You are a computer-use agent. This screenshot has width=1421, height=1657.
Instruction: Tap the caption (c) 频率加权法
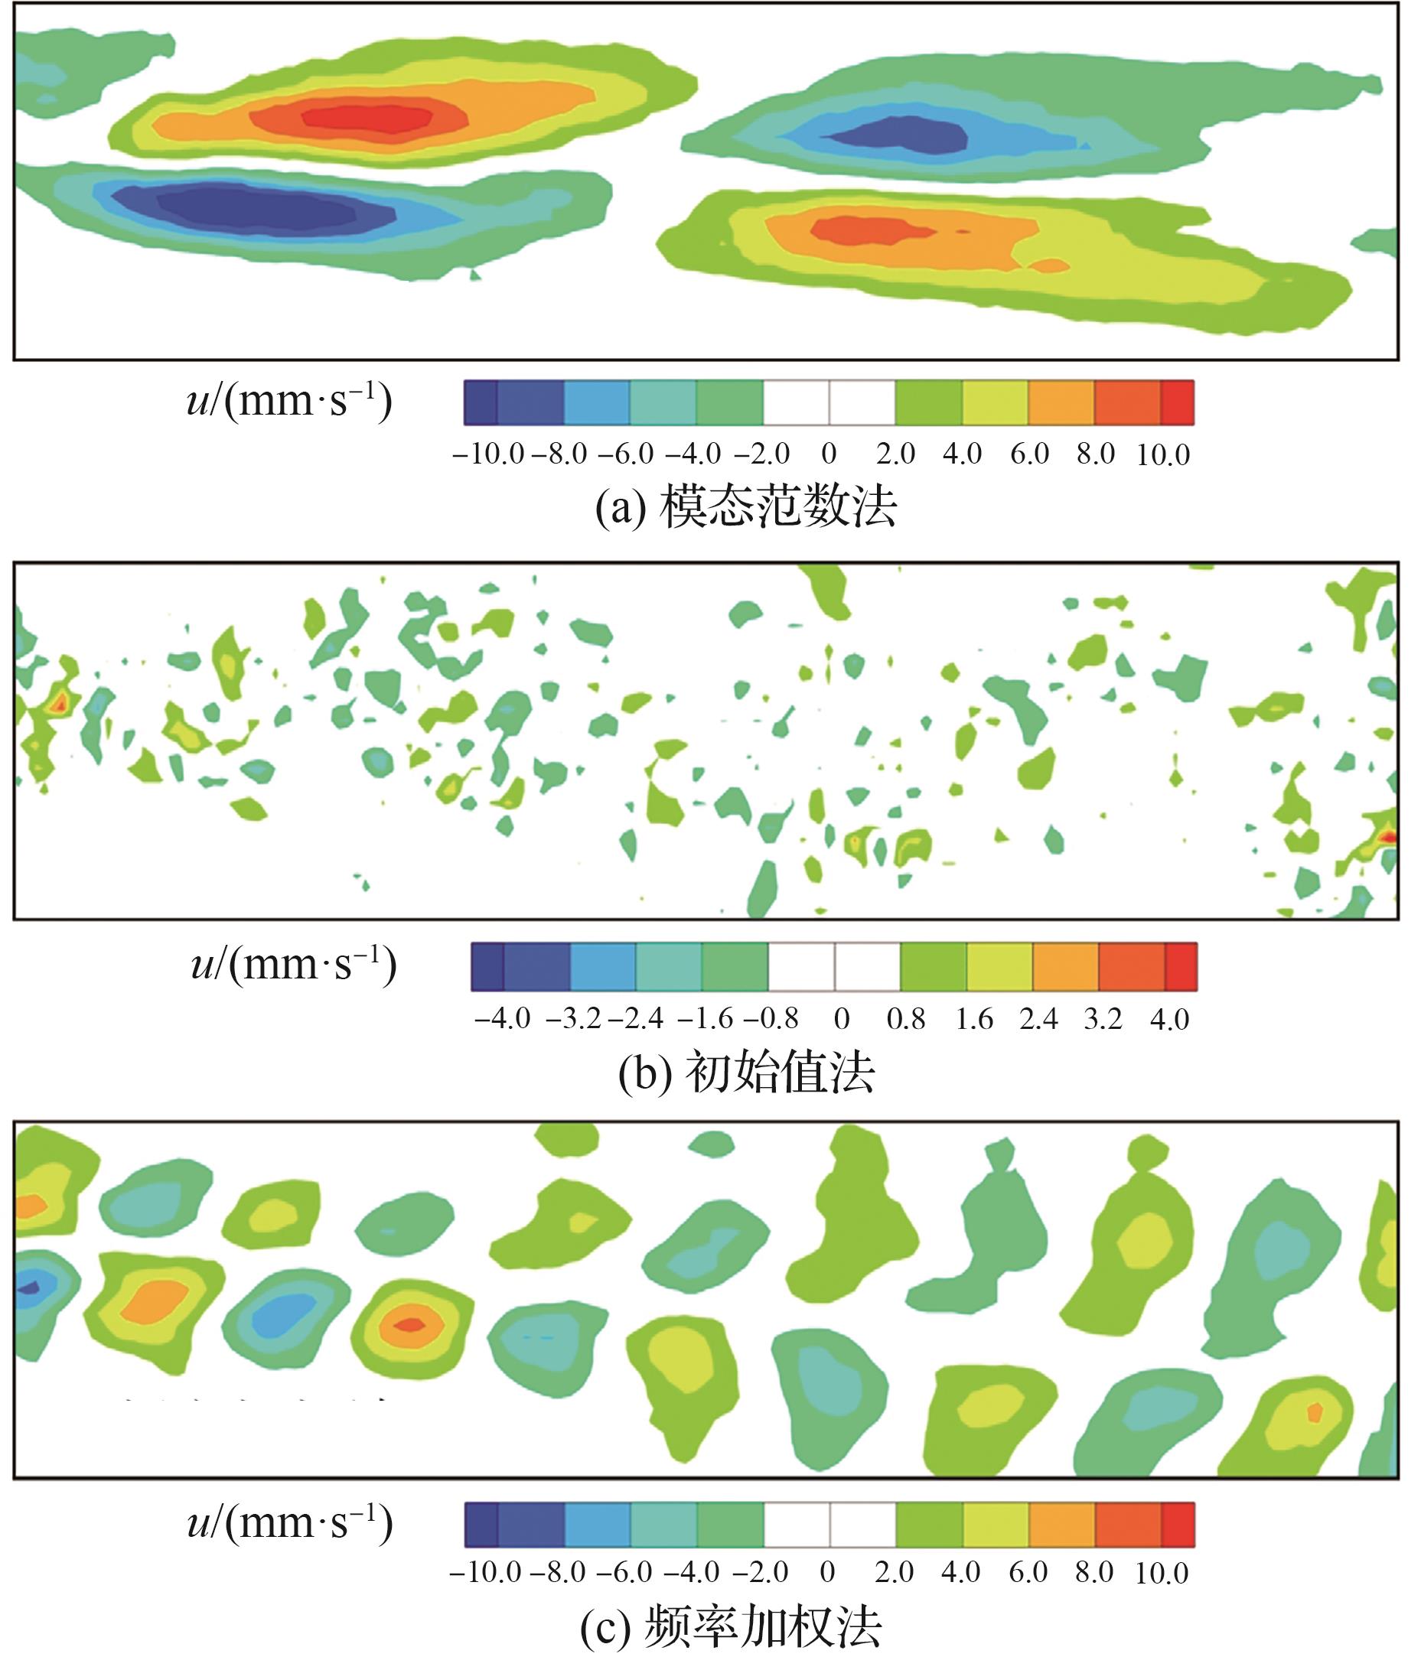pyautogui.click(x=731, y=1626)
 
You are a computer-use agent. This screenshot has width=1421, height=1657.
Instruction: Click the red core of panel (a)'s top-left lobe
pyautogui.click(x=368, y=117)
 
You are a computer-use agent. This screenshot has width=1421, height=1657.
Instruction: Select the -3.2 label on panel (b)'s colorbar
pyautogui.click(x=573, y=1019)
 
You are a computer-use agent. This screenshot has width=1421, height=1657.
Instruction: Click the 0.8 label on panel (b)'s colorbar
pyautogui.click(x=906, y=1019)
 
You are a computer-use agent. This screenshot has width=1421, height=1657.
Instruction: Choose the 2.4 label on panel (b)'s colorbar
pyautogui.click(x=1038, y=1019)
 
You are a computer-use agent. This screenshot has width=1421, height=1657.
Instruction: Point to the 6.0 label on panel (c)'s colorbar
pyautogui.click(x=1028, y=1573)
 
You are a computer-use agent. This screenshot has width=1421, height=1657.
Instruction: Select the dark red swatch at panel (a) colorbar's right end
pyautogui.click(x=1177, y=402)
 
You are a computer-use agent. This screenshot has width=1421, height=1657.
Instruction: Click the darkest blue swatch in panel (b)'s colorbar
pyautogui.click(x=487, y=968)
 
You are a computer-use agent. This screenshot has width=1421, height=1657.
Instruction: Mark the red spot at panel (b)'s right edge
pyautogui.click(x=1388, y=837)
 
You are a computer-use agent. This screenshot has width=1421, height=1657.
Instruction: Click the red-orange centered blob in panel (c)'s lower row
pyautogui.click(x=410, y=1324)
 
